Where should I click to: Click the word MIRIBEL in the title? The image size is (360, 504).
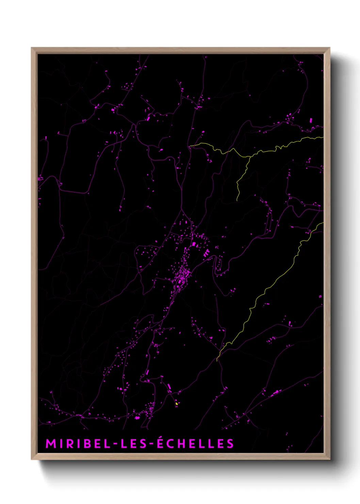(x=77, y=444)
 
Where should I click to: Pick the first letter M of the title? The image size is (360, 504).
(x=50, y=444)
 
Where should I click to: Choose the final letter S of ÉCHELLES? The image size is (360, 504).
(x=230, y=444)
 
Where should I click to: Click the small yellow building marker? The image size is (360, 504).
(x=177, y=404)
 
